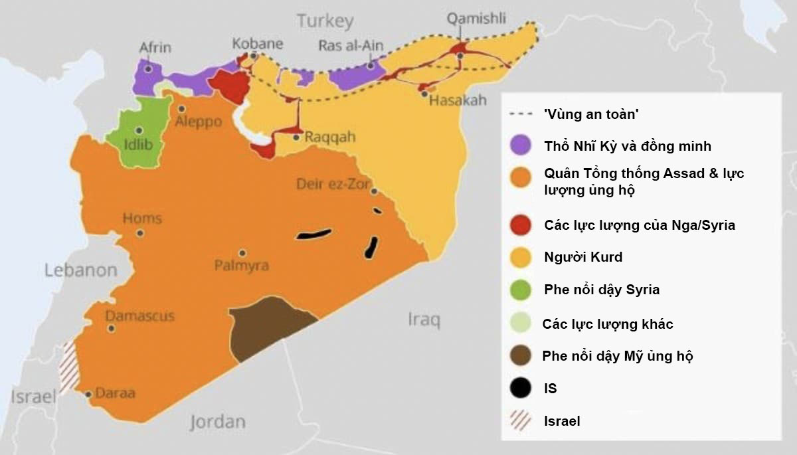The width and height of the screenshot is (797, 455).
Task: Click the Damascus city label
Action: pyautogui.click(x=140, y=315)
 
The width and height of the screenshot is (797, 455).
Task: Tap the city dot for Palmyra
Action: pyautogui.click(x=242, y=253)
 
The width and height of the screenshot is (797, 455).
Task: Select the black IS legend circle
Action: pyautogui.click(x=521, y=388)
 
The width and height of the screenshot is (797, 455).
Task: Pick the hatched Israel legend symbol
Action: pyautogui.click(x=521, y=421)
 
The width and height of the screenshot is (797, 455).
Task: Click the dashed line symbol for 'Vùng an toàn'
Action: pyautogui.click(x=521, y=115)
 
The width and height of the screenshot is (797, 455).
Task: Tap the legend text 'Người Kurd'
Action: pyautogui.click(x=583, y=257)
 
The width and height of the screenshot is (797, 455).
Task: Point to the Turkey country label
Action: pyautogui.click(x=325, y=21)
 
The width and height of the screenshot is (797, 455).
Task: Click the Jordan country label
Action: pyautogui.click(x=217, y=421)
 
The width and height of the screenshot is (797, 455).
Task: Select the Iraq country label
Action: pyautogui.click(x=424, y=321)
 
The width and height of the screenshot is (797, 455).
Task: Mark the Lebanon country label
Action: pyautogui.click(x=80, y=270)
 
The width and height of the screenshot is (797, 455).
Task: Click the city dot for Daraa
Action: pyautogui.click(x=88, y=395)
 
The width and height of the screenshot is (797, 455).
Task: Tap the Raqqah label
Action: pyautogui.click(x=330, y=137)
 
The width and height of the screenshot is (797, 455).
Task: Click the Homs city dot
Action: pyautogui.click(x=140, y=233)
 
